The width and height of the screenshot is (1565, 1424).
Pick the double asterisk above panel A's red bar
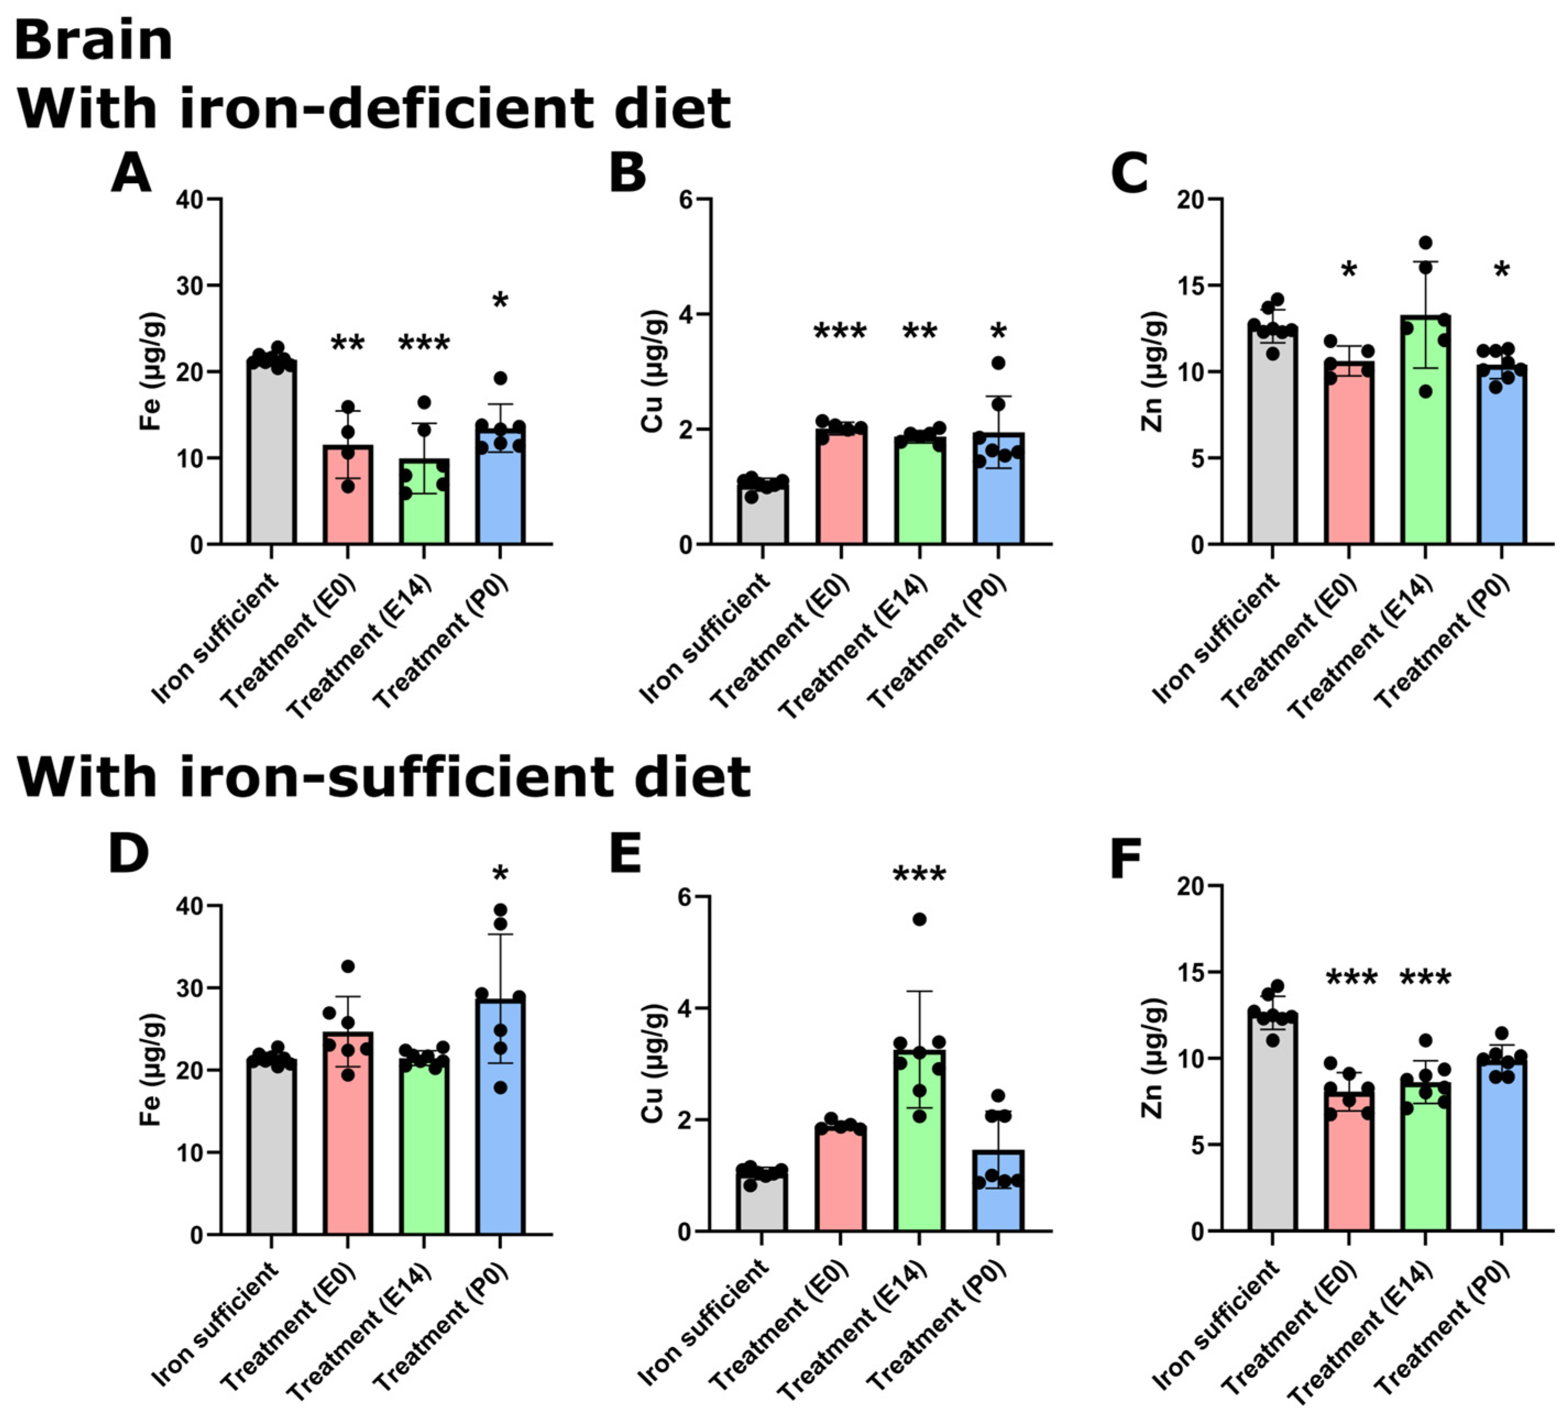(348, 344)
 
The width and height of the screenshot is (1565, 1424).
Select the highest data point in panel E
(919, 920)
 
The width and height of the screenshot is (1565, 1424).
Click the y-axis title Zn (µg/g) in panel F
(1154, 1058)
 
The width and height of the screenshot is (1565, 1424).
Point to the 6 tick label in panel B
(685, 200)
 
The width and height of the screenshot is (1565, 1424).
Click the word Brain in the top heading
(93, 40)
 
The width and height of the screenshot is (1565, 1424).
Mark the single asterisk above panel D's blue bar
(500, 875)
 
